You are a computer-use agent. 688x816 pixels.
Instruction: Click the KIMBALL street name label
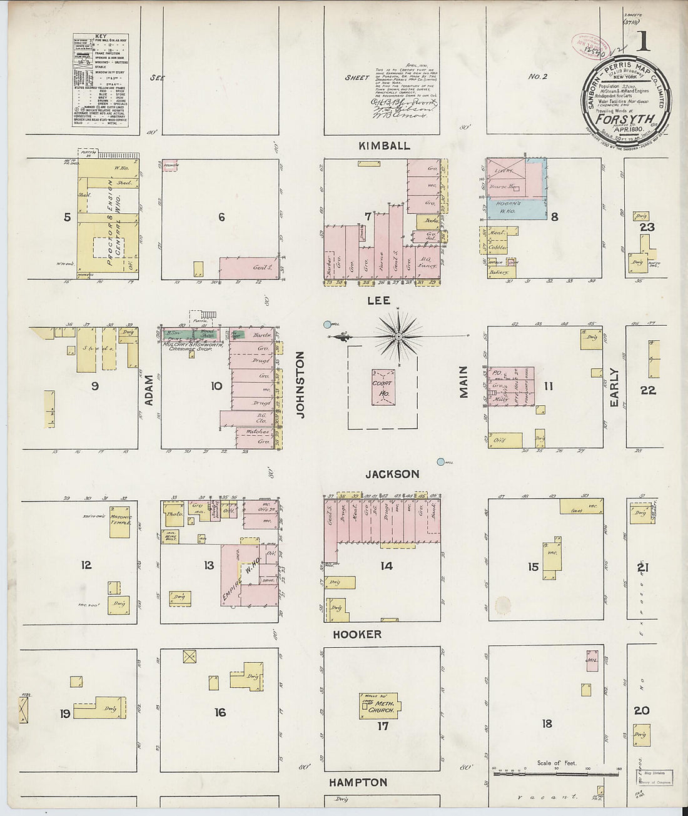tap(384, 146)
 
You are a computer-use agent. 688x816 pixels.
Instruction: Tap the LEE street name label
tap(378, 301)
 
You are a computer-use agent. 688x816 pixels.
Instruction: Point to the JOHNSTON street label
tap(300, 384)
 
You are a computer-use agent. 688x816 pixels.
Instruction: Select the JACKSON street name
tap(392, 474)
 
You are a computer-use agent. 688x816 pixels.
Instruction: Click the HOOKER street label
tap(357, 634)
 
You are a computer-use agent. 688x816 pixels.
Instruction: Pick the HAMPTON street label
tap(358, 782)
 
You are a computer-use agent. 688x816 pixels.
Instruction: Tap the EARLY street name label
tap(614, 387)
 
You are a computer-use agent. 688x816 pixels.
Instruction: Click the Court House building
tap(383, 387)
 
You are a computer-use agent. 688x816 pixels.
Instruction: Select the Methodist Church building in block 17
tap(380, 706)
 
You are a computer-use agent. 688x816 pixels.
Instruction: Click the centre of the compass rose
tap(398, 336)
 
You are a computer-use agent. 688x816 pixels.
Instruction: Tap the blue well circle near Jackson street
tap(441, 461)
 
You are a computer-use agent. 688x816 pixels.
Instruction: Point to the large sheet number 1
tap(642, 41)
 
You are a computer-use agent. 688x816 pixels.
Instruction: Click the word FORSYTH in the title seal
tap(625, 119)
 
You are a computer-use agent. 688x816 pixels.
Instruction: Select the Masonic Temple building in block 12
tap(120, 522)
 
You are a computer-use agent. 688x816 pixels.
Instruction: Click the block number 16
tap(220, 712)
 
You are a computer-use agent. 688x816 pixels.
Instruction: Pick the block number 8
tap(554, 217)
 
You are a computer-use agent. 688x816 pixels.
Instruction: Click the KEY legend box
tap(101, 80)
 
